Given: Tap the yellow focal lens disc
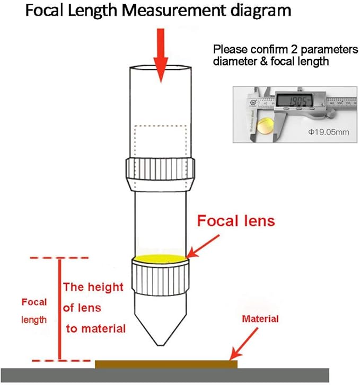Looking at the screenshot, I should click(160, 258).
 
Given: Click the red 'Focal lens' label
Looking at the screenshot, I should click(236, 220).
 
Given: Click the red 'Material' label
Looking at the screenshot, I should click(260, 319).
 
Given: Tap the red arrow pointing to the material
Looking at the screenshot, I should click(241, 343).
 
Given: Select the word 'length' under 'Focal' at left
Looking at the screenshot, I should click(34, 320).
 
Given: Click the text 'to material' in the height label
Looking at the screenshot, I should click(96, 328).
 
